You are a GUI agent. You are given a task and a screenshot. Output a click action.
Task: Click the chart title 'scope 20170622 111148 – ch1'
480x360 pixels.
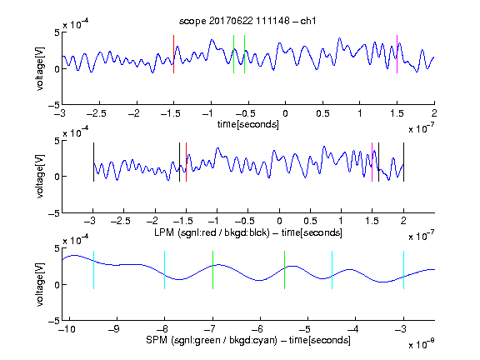click(x=247, y=21)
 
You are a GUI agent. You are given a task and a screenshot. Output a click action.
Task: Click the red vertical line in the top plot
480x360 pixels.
click(x=174, y=54)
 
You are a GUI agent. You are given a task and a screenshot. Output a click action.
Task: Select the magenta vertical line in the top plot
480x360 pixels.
click(x=397, y=54)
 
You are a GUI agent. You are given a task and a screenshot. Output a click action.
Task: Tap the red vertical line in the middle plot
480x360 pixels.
click(x=186, y=162)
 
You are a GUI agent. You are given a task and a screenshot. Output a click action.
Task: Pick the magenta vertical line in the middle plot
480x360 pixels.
click(x=372, y=162)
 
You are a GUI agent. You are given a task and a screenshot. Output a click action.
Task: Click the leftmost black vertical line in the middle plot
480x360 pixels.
click(x=93, y=162)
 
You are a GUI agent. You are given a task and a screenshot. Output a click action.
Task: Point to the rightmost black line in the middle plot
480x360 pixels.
click(x=404, y=162)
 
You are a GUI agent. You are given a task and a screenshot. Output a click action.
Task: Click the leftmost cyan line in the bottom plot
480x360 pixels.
click(x=93, y=270)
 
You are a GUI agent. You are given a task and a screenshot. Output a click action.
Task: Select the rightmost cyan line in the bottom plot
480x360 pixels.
click(x=404, y=270)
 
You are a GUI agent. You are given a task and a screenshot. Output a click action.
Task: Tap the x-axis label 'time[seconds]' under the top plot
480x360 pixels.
click(x=248, y=125)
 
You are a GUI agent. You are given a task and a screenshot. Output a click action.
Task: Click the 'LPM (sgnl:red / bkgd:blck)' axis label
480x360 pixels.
click(x=212, y=232)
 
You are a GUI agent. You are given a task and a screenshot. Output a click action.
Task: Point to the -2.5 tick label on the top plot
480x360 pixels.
click(x=97, y=113)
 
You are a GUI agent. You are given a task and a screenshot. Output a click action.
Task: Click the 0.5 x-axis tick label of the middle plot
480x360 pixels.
click(x=310, y=221)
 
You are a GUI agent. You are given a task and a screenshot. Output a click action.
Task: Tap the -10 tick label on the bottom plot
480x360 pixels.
click(x=67, y=329)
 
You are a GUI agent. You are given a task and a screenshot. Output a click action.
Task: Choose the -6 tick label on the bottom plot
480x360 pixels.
click(x=257, y=329)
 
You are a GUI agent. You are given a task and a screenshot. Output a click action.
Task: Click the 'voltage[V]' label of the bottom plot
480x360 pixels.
click(x=40, y=284)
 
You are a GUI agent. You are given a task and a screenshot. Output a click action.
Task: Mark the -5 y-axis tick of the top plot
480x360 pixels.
click(x=53, y=105)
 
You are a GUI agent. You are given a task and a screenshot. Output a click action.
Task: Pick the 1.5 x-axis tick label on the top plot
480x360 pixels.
click(x=397, y=113)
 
